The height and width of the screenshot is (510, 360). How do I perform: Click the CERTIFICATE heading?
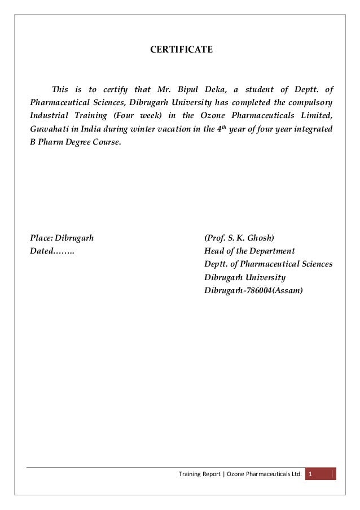coord(181,50)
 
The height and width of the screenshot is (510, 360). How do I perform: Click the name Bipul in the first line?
coord(192,89)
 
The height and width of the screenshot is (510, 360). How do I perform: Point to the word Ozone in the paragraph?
coord(214,116)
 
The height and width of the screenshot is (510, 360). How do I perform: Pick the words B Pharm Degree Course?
coord(74,143)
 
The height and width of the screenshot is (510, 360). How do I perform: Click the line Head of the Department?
coord(249,251)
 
